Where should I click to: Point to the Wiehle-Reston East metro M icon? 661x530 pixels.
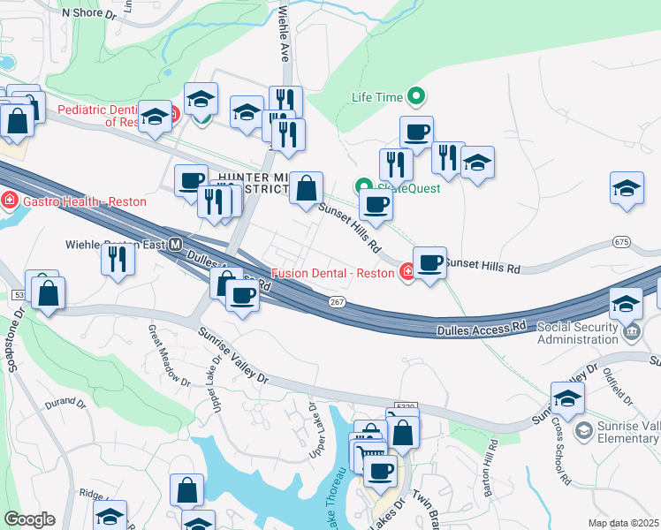point(176,244)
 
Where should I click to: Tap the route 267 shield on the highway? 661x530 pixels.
point(337,302)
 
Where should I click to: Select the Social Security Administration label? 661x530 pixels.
point(565,333)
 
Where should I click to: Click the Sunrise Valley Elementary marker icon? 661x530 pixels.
point(583,430)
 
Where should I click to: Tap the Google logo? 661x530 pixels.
point(28,519)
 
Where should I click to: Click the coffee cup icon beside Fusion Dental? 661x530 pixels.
point(429,263)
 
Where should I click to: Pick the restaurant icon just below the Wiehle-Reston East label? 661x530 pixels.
point(118,260)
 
